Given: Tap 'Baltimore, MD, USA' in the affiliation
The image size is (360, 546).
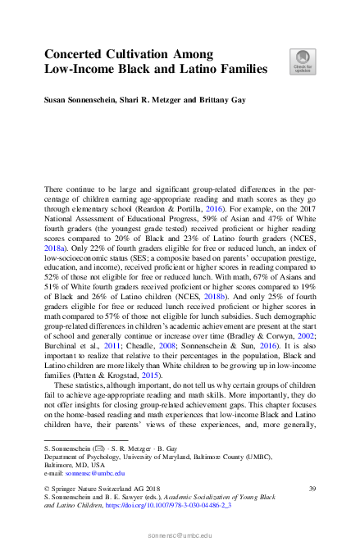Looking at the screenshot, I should coord(73,466).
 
